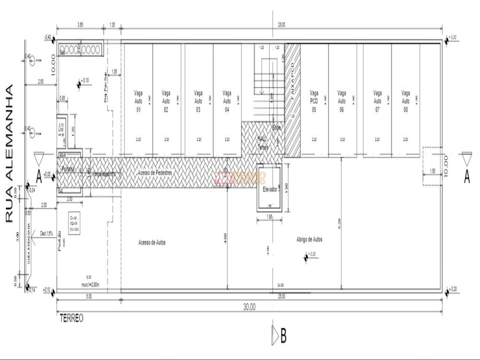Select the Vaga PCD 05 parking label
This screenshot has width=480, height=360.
pyautogui.click(x=314, y=101)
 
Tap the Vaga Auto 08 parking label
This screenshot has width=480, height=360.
pyautogui.click(x=406, y=101)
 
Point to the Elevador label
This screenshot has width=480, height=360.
pyautogui.click(x=270, y=190)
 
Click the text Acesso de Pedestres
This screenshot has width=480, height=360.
pyautogui.click(x=155, y=172)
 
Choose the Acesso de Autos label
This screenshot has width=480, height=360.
pyautogui.click(x=152, y=243)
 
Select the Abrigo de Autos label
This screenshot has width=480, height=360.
pyautogui.click(x=310, y=239)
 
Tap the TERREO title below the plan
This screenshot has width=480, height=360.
pyautogui.click(x=72, y=318)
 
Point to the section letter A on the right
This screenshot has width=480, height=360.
pyautogui.click(x=466, y=178)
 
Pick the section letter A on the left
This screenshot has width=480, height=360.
pyautogui.click(x=39, y=180)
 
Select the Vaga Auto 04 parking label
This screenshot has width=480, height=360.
pyautogui.click(x=227, y=101)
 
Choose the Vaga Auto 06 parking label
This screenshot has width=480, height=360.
pyautogui.click(x=342, y=101)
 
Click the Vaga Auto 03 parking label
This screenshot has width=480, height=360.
pyautogui.click(x=198, y=101)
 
